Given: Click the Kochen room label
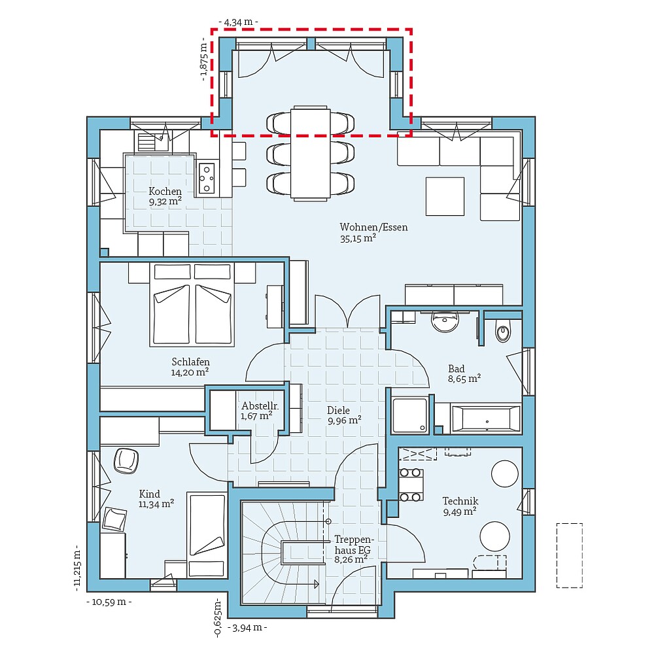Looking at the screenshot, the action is tap(165, 192).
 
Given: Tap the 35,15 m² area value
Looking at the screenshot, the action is tap(358, 239).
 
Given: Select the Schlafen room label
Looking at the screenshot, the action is tap(190, 362).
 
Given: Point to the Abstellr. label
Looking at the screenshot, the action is tap(260, 406).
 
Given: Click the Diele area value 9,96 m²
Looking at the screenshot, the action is tap(344, 421).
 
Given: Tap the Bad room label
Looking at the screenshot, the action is tap(456, 369).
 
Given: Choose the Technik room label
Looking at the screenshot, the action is tap(460, 501).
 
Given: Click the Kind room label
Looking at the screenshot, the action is tap(149, 494).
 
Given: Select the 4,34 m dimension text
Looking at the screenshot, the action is tap(238, 22).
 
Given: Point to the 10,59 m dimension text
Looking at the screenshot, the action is tap(109, 602).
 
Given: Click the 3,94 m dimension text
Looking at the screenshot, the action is tap(247, 627).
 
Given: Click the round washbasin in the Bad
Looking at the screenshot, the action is tap(445, 322).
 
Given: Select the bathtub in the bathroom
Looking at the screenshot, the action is tap(487, 419).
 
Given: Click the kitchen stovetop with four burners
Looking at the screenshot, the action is tap(207, 178).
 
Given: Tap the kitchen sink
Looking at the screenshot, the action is tap(152, 141).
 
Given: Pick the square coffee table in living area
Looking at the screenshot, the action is tap(445, 196).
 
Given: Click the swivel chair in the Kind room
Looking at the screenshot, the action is tap(126, 460).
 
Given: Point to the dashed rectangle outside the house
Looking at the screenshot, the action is tap(570, 555).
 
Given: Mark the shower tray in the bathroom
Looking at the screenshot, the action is tap(410, 415).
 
